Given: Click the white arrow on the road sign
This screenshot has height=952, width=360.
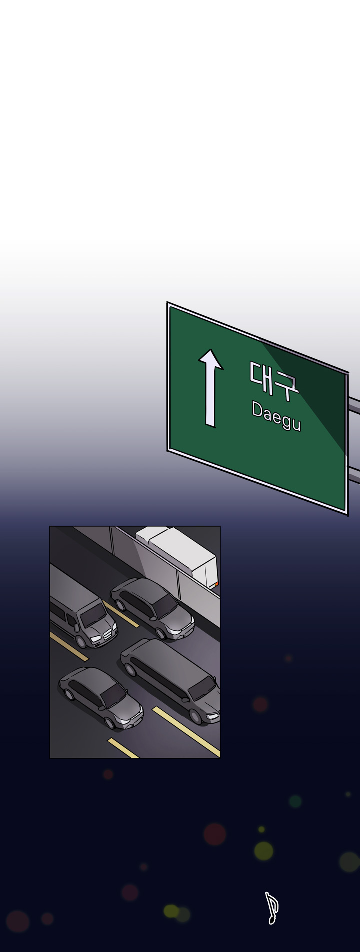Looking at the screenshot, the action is [x=211, y=388].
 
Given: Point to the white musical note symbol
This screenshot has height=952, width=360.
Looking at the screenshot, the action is [x=271, y=908].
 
